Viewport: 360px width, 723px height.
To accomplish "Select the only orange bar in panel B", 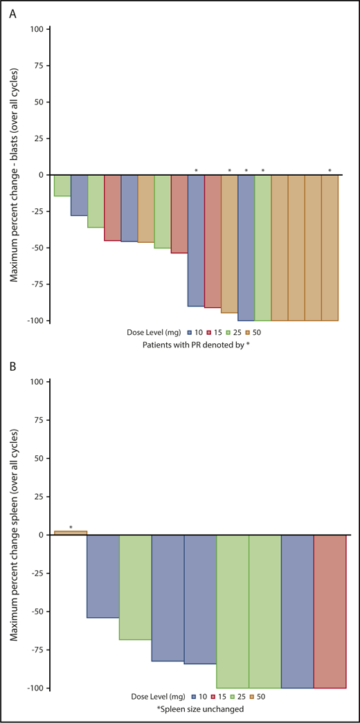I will (x=70, y=532).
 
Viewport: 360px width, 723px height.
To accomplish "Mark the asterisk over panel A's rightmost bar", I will (x=330, y=171).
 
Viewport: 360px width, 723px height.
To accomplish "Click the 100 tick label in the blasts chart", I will (x=37, y=29).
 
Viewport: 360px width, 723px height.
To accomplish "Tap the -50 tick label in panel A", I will (x=36, y=248).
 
